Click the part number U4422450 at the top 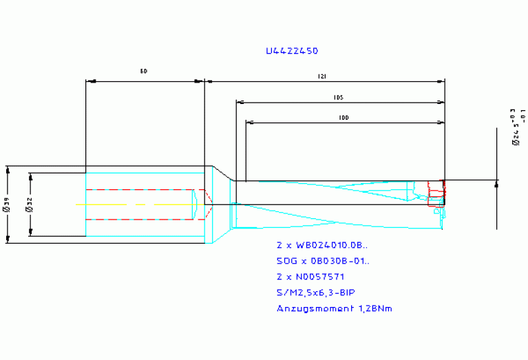click(x=292, y=51)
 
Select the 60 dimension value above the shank click(x=144, y=71)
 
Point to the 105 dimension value click(x=338, y=98)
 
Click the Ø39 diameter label click(x=7, y=204)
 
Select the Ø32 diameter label click(x=29, y=204)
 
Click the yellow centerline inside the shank click(x=131, y=204)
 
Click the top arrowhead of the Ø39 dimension click(x=7, y=169)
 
